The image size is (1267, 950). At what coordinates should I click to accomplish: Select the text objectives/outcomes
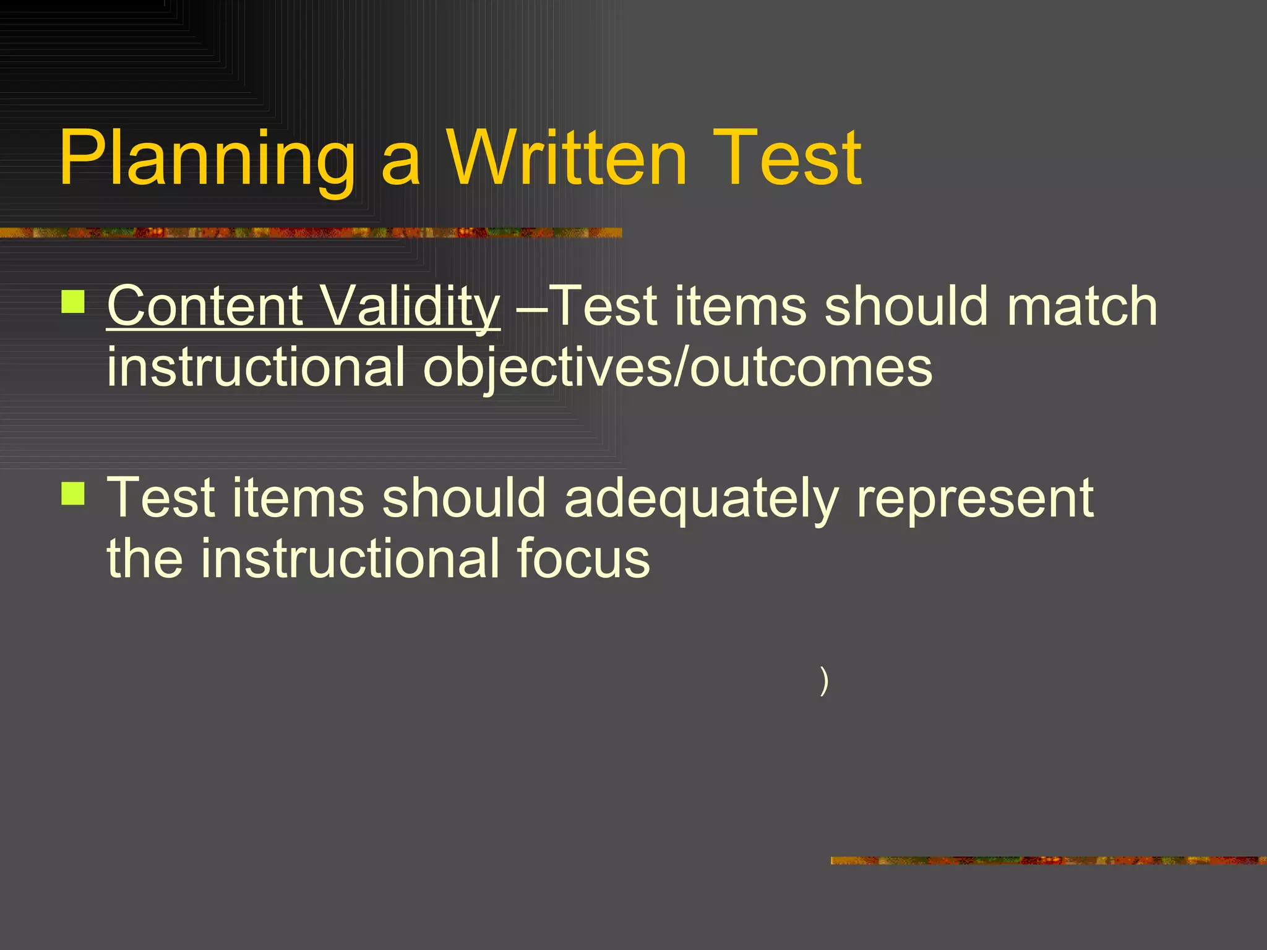coord(677,367)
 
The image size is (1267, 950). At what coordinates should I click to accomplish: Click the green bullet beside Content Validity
coord(74,302)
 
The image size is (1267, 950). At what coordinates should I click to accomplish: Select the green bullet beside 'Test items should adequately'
coord(74,494)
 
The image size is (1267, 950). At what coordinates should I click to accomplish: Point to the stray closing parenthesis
coord(823,681)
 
